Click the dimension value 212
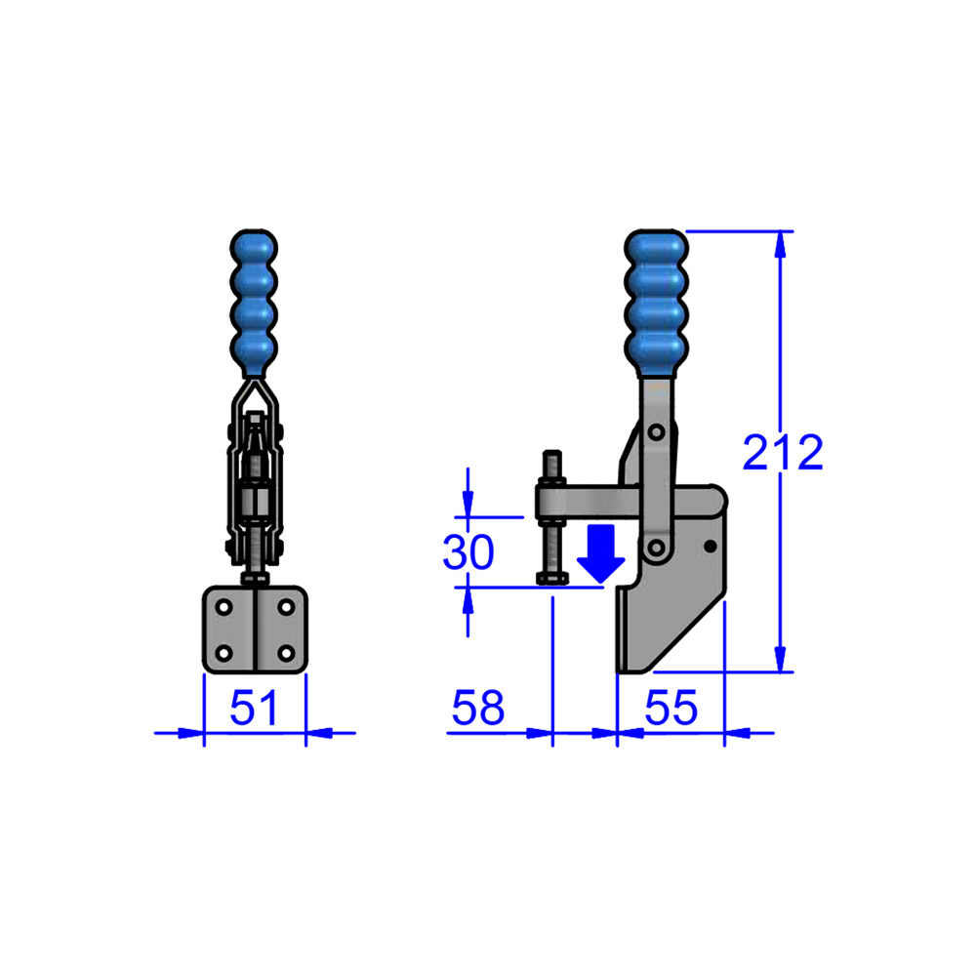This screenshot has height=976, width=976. [x=783, y=453]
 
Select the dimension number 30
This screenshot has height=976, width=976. [x=468, y=552]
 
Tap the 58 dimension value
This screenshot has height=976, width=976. [x=477, y=708]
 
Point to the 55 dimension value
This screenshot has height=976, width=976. [x=671, y=708]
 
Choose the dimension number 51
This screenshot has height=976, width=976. [x=254, y=708]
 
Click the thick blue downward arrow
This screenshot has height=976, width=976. [x=600, y=553]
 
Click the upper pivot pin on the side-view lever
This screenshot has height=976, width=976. [x=656, y=431]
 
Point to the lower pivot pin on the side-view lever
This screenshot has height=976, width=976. [x=656, y=548]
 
